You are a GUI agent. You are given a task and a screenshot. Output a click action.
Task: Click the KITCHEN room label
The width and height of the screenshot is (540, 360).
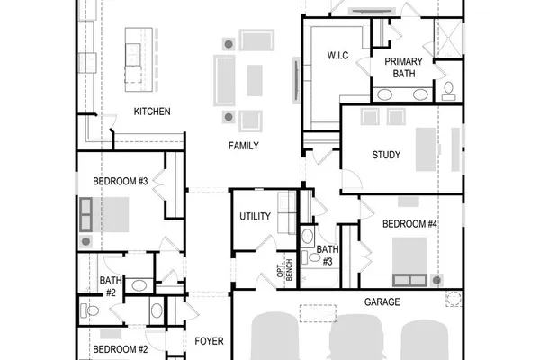(x=152, y=112)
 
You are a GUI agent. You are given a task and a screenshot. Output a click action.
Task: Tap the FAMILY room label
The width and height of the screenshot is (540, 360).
(x=244, y=146)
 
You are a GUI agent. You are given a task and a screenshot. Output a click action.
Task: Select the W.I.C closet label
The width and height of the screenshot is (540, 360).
(x=337, y=56)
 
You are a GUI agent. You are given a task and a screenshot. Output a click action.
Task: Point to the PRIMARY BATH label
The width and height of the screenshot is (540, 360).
(x=403, y=67)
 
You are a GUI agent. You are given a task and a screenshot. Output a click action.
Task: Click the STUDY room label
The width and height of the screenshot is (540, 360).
(x=386, y=155)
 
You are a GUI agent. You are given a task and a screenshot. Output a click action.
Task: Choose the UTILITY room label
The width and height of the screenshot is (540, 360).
(x=255, y=216)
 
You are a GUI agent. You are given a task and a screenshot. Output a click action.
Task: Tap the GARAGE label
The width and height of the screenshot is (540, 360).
(x=382, y=302)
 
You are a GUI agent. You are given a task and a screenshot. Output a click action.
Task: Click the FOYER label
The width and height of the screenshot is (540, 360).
(x=209, y=341)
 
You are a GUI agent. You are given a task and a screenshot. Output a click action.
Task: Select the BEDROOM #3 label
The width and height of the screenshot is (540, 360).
(x=121, y=181)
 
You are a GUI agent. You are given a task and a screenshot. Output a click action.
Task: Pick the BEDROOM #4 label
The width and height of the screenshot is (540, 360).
(x=409, y=224)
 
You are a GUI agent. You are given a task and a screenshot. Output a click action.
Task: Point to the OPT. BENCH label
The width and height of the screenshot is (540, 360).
(x=284, y=269)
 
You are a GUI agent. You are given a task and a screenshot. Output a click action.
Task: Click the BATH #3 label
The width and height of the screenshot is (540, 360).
(x=328, y=256)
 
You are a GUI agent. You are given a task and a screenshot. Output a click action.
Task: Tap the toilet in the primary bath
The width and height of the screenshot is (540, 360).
(x=448, y=91)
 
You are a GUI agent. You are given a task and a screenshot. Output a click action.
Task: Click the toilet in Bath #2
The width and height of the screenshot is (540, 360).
(x=89, y=311)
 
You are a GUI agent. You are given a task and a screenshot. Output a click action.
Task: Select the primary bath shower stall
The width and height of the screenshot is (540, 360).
(x=447, y=39)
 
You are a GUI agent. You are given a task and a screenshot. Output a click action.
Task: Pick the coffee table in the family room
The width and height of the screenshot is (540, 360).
(x=255, y=81)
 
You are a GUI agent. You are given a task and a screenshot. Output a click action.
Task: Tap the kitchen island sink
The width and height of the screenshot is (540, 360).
(x=132, y=55)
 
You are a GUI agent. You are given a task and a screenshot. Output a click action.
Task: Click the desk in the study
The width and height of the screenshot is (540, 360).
(x=426, y=149)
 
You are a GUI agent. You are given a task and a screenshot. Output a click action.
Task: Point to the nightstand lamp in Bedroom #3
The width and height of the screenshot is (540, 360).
(x=86, y=241)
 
